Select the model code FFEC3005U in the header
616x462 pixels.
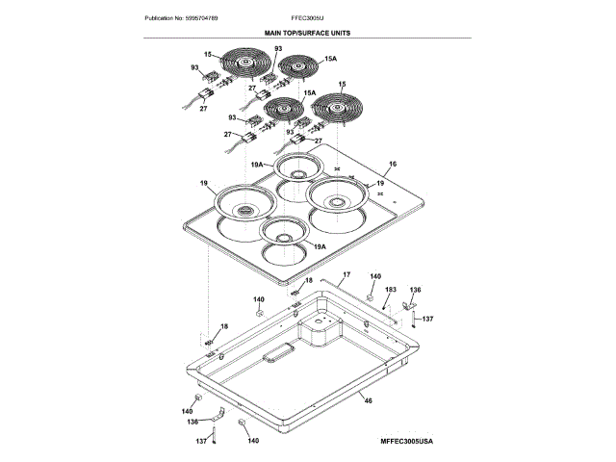pyautogui.click(x=307, y=18)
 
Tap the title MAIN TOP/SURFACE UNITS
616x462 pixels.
pyautogui.click(x=307, y=32)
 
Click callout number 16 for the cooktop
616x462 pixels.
pyautogui.click(x=392, y=164)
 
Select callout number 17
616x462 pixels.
pyautogui.click(x=346, y=274)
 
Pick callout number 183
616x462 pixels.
pyautogui.click(x=390, y=289)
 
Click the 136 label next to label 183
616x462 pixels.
pyautogui.click(x=416, y=289)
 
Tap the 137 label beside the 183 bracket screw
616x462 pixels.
pyautogui.click(x=428, y=319)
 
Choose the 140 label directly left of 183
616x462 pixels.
pyautogui.click(x=375, y=276)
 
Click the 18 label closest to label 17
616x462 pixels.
pyautogui.click(x=308, y=280)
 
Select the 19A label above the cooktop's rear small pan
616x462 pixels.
pyautogui.click(x=258, y=165)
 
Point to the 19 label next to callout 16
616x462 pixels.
pyautogui.click(x=379, y=183)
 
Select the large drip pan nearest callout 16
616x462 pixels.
pyautogui.click(x=337, y=202)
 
